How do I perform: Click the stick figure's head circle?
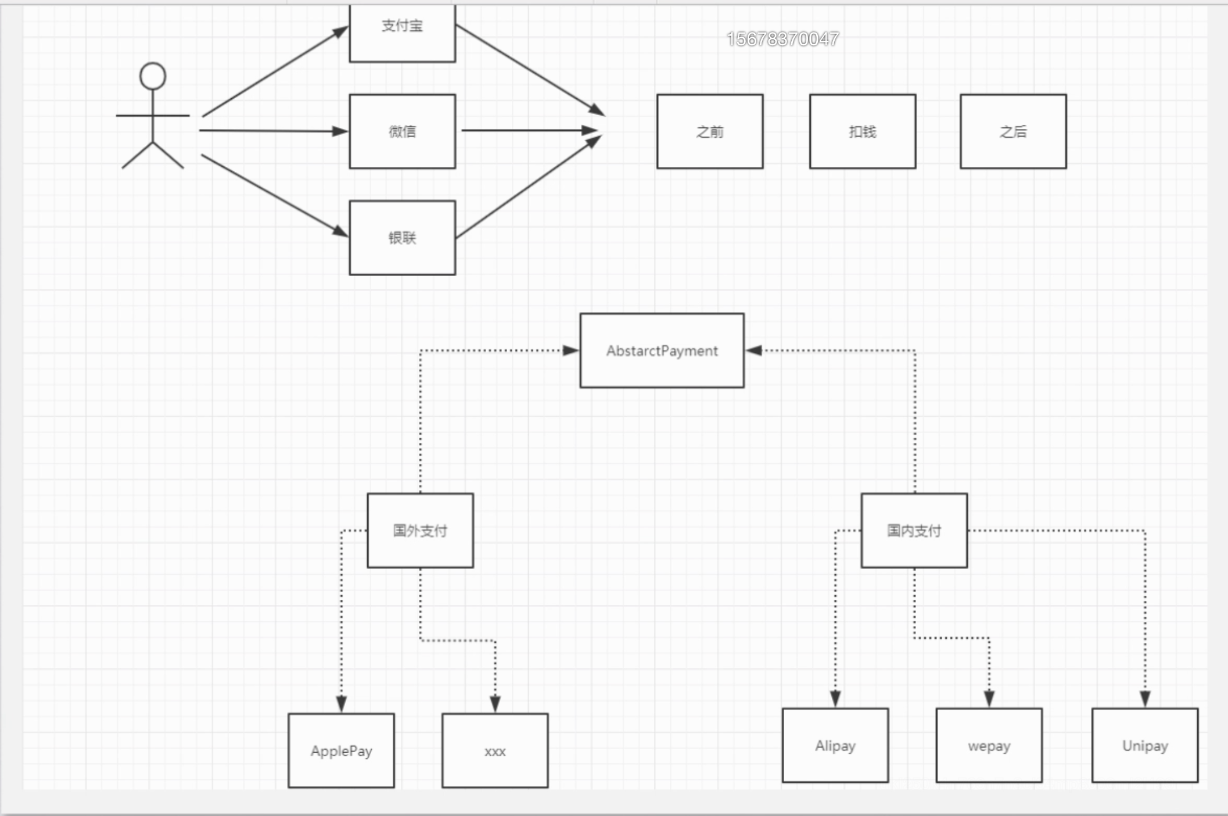tap(153, 76)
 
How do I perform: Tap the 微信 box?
tap(402, 131)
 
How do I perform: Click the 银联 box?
tap(402, 238)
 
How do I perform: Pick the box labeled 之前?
tap(710, 131)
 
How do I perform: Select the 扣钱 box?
tap(863, 131)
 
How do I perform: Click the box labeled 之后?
tap(1013, 131)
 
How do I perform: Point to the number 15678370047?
tap(782, 39)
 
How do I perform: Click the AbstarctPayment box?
tap(662, 350)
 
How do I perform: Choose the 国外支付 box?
tap(420, 531)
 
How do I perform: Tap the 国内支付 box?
tap(914, 531)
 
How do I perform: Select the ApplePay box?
tap(341, 750)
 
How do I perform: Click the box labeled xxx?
tap(495, 750)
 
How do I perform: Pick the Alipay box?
tap(835, 745)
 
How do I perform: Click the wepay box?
tap(989, 745)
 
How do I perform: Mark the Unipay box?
tap(1144, 745)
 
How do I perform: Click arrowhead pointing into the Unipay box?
tap(1145, 699)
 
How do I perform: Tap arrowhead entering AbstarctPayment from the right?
tap(754, 350)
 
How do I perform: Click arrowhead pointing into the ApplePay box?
tap(342, 704)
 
